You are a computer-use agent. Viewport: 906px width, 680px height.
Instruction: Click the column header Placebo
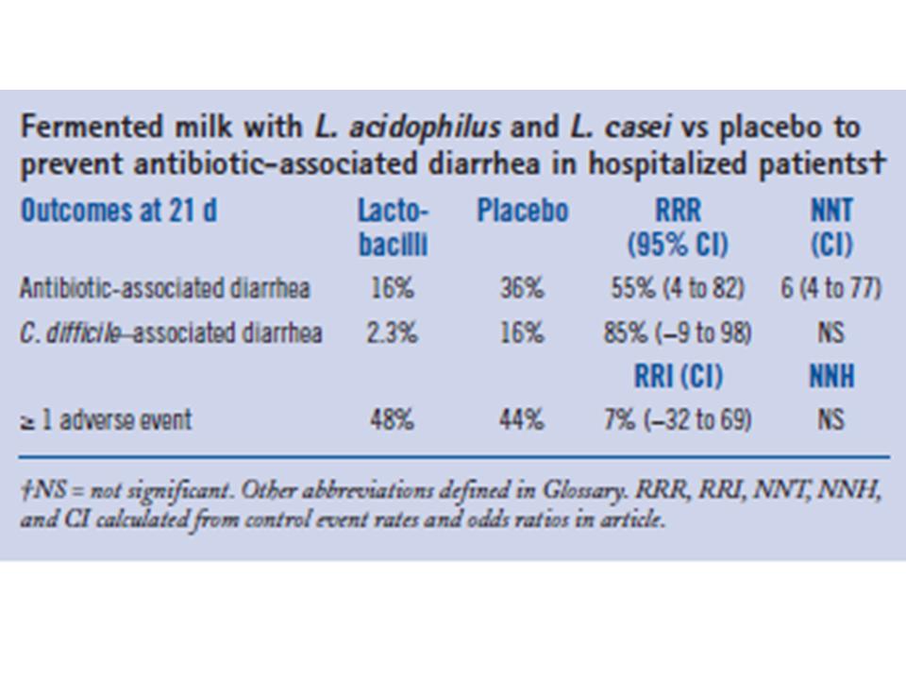(x=522, y=211)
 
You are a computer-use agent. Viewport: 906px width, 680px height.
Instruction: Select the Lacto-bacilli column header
(x=393, y=228)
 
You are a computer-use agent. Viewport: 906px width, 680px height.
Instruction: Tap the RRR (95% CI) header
(x=678, y=228)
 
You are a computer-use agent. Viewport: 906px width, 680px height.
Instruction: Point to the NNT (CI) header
(x=830, y=228)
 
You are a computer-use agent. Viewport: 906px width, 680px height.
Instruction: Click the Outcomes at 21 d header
(x=118, y=211)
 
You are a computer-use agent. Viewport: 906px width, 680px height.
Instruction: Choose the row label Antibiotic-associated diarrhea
(x=164, y=288)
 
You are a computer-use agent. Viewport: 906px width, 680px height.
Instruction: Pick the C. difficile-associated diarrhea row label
(x=171, y=332)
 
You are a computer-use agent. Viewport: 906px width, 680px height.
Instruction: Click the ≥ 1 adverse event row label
(x=105, y=419)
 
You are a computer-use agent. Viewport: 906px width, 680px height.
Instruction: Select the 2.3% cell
(x=392, y=332)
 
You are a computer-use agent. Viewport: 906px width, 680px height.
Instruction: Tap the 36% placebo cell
(x=522, y=288)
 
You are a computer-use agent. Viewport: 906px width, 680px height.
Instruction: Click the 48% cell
(x=392, y=419)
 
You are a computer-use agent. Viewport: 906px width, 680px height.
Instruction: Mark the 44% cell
(x=522, y=419)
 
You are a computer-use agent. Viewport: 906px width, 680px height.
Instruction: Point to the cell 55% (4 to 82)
(x=678, y=288)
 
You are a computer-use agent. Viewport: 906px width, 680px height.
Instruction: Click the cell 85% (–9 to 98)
(x=678, y=332)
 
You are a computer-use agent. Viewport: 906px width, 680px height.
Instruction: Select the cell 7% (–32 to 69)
(x=678, y=419)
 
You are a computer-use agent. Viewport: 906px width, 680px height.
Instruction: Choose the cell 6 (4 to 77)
(x=830, y=288)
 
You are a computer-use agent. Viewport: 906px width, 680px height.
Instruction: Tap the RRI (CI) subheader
(x=678, y=377)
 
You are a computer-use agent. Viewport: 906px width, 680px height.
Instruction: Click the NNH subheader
(x=830, y=377)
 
